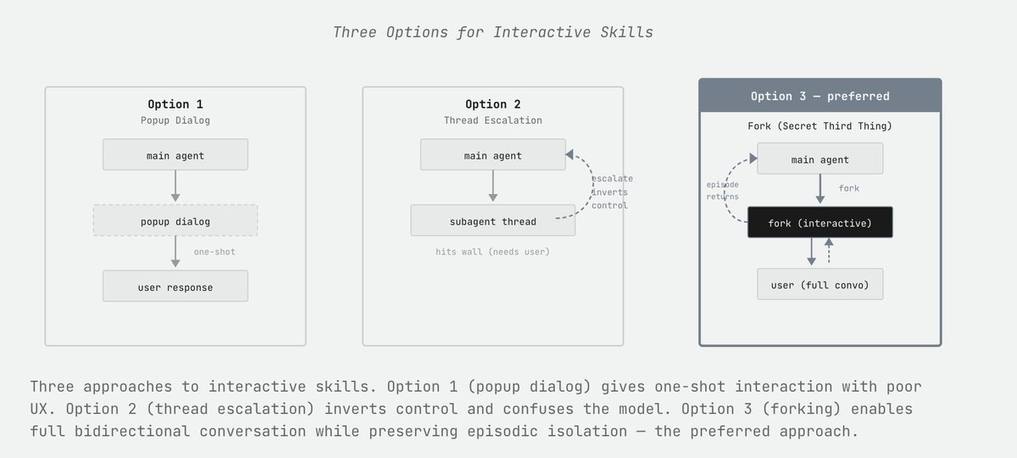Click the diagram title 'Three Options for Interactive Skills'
point(493,32)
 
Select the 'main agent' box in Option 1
point(175,155)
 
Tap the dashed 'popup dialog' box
point(175,221)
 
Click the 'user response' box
point(175,287)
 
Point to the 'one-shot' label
point(214,252)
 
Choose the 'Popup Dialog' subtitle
point(175,120)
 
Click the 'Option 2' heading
point(492,103)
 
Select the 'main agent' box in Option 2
point(492,155)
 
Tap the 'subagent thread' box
point(492,221)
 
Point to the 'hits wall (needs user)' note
point(492,252)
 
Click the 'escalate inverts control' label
point(611,192)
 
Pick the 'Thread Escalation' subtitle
point(492,120)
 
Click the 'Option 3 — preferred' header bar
point(820,96)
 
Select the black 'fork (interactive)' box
point(820,222)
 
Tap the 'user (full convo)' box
point(820,284)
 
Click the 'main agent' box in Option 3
point(820,159)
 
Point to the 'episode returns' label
point(722,190)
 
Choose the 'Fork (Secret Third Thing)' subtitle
point(820,126)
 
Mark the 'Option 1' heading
point(175,103)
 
